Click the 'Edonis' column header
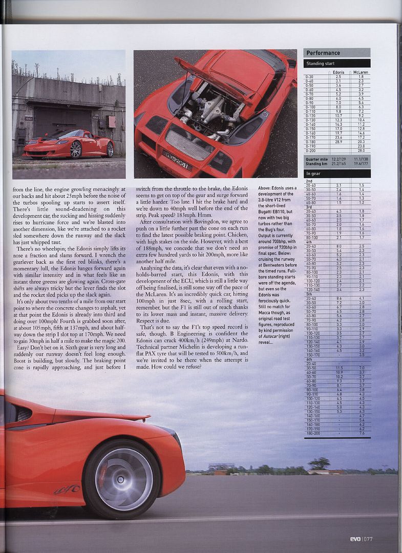coord(338,73)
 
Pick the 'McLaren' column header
coord(361,73)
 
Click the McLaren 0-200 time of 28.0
coord(361,151)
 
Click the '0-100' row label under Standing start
coord(310,107)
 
